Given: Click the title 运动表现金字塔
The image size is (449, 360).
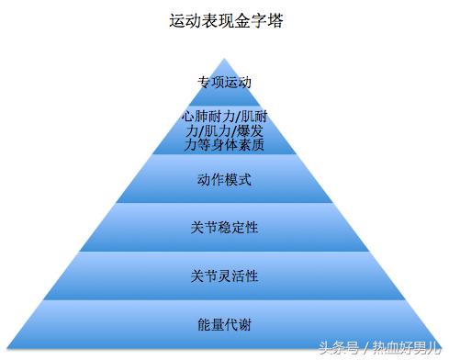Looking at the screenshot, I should pyautogui.click(x=225, y=19).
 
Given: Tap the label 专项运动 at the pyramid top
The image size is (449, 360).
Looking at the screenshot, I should pyautogui.click(x=225, y=82).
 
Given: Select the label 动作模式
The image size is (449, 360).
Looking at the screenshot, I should pyautogui.click(x=225, y=178).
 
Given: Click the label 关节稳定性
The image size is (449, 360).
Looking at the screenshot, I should pyautogui.click(x=225, y=227).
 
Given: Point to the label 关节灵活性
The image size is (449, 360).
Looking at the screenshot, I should pyautogui.click(x=225, y=276).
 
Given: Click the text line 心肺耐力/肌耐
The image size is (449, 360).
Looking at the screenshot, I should pyautogui.click(x=225, y=117).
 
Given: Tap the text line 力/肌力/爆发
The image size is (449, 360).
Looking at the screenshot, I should pyautogui.click(x=225, y=130).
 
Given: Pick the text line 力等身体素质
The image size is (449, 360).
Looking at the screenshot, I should pyautogui.click(x=225, y=144).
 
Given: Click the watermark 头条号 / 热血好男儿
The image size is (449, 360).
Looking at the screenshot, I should pyautogui.click(x=378, y=347).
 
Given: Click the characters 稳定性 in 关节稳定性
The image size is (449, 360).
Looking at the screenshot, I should pyautogui.click(x=237, y=227).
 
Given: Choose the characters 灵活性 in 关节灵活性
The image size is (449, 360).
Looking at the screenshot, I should pyautogui.click(x=237, y=276).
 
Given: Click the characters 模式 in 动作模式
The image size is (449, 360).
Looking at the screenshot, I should pyautogui.click(x=237, y=178).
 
